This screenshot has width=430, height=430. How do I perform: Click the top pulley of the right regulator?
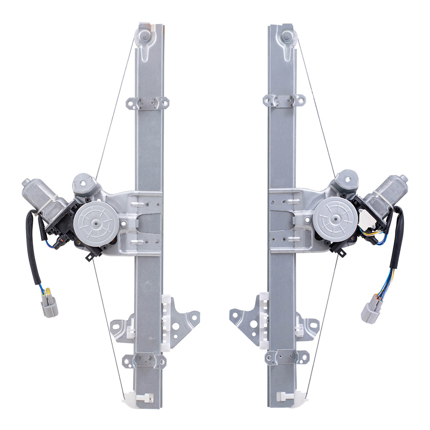(x=288, y=37)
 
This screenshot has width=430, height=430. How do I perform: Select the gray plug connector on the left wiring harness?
(x=49, y=306)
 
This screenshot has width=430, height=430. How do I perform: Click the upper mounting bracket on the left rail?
(x=147, y=103)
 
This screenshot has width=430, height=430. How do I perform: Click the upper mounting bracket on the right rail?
(x=284, y=100)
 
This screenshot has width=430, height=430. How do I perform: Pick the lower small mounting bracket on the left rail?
(x=144, y=361)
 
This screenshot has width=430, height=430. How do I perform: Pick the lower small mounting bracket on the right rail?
(x=287, y=357)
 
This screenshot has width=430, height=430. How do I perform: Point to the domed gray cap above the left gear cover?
(x=83, y=184)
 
